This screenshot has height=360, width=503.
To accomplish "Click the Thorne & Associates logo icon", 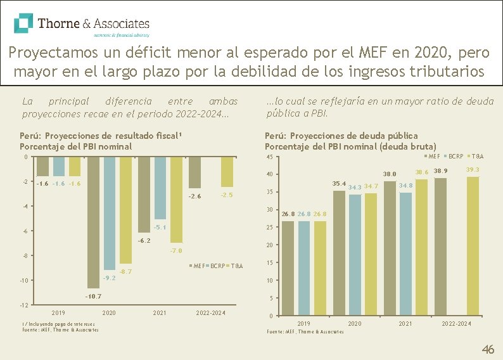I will [x=24, y=23].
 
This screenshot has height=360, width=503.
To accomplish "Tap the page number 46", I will [x=488, y=349].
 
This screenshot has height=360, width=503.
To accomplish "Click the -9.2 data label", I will [x=110, y=278].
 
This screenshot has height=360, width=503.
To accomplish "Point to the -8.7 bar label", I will [x=125, y=271].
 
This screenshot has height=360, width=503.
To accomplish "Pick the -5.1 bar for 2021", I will [x=160, y=188].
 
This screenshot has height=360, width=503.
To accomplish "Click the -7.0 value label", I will [x=176, y=251].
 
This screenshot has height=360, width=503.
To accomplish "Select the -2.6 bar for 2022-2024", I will [x=194, y=172].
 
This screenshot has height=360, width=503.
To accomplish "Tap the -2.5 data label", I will [x=227, y=195].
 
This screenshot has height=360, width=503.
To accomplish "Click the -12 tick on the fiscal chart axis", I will [x=23, y=305].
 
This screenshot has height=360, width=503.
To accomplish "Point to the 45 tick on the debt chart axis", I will [x=269, y=157].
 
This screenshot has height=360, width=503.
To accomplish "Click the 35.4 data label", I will [x=339, y=184].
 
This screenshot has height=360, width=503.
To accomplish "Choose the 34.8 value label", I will [x=406, y=185].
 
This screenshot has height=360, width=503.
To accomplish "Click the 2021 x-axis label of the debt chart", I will [x=405, y=324].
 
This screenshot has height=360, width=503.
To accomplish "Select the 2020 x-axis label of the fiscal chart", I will [x=109, y=312].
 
